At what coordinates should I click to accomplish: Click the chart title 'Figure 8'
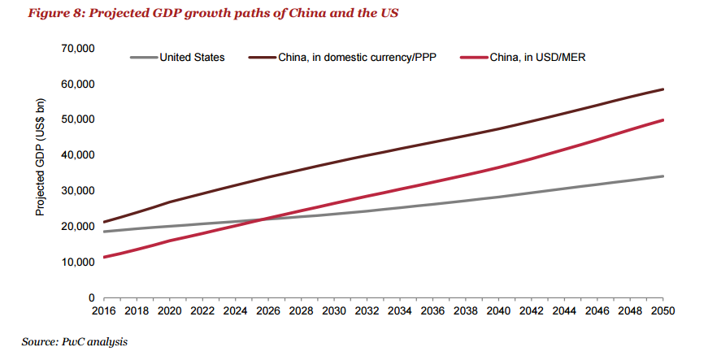pos(56,13)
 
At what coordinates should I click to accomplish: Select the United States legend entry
pos(177,58)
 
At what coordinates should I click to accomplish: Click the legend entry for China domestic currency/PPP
pos(343,58)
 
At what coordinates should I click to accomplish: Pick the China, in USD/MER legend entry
pos(523,58)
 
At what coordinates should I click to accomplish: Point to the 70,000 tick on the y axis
pos(79,48)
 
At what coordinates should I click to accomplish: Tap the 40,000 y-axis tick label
pos(79,155)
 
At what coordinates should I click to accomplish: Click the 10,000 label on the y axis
pos(79,262)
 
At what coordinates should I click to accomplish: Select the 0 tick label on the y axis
pos(92,297)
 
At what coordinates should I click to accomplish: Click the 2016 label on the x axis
pos(104,310)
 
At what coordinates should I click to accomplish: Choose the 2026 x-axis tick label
pos(268,310)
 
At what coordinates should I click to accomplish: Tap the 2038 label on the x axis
pos(466,310)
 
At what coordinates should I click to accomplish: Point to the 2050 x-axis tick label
pos(662,310)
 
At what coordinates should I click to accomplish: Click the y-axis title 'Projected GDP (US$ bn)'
pos(40,157)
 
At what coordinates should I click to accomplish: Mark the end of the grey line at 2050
pos(662,176)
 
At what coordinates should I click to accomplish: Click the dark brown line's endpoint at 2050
pos(662,89)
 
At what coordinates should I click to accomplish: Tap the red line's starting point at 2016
pos(104,257)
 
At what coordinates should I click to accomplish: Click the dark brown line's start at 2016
pos(104,222)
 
